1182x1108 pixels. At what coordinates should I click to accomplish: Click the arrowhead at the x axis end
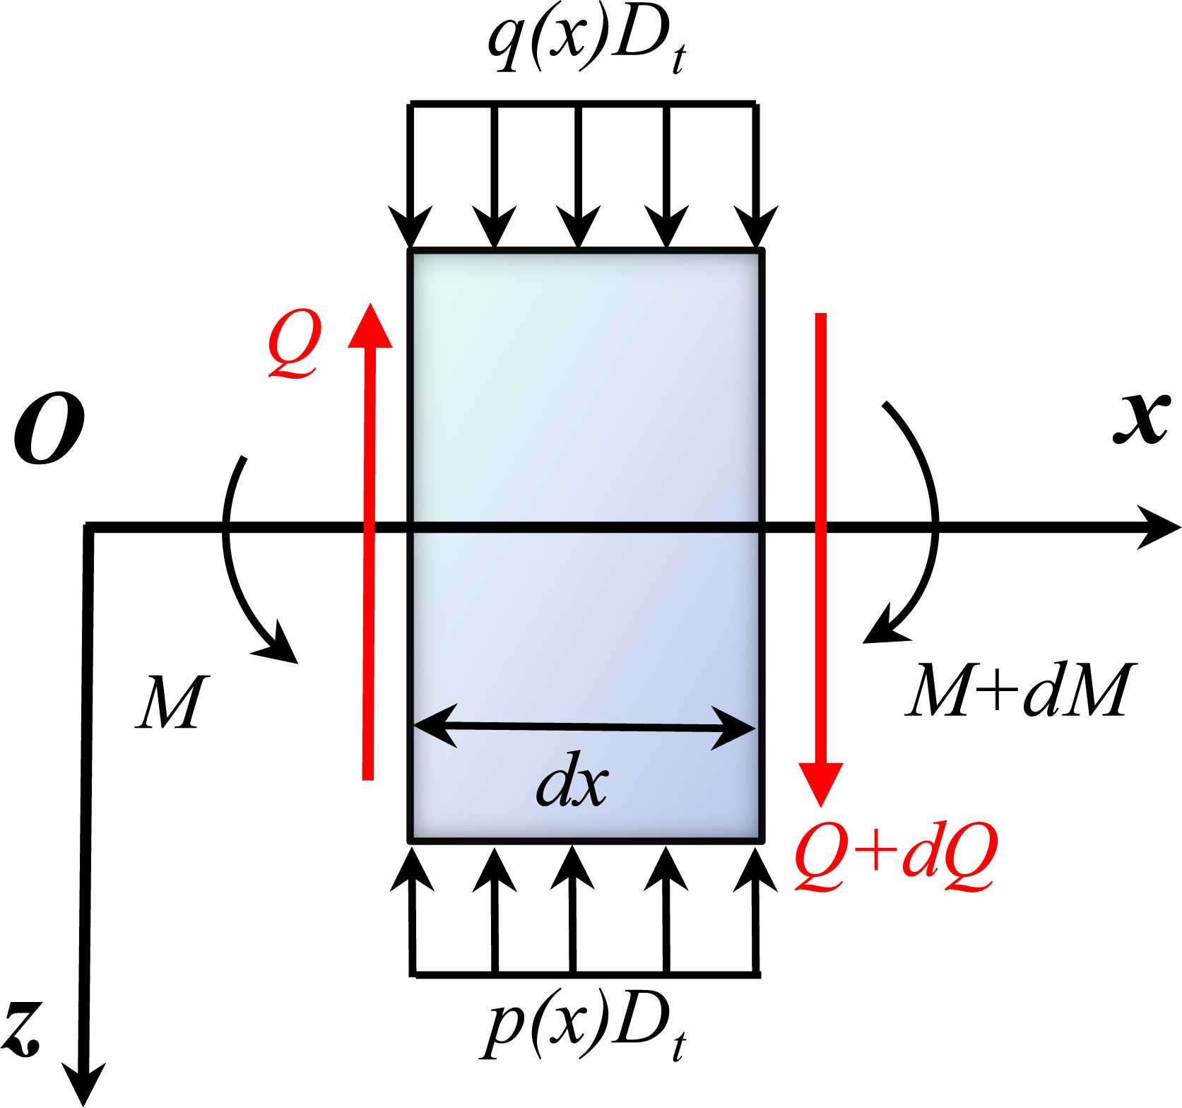pos(1159,527)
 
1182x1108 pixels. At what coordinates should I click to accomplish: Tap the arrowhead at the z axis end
pos(85,1085)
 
